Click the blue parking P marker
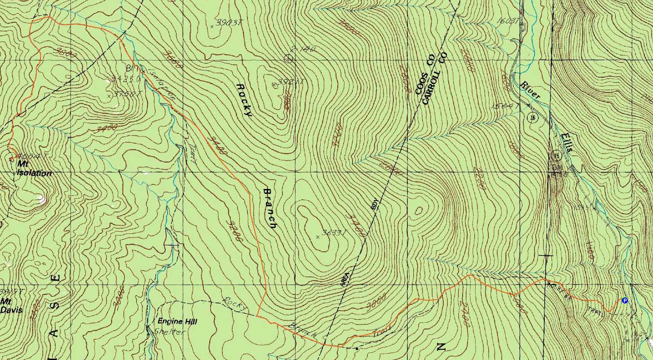point(624,300)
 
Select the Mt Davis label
point(9,306)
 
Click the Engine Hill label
point(177,321)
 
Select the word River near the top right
point(530,90)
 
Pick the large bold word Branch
point(269,208)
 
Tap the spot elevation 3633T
point(333,233)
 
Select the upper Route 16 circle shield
point(532,118)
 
